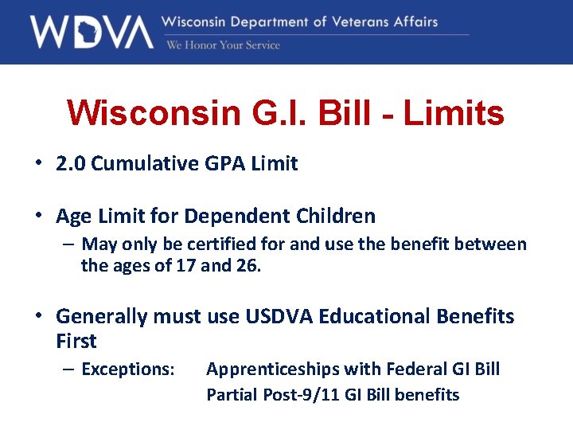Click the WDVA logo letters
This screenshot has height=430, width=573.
[x=91, y=32]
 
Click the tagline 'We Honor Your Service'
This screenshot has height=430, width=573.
[x=223, y=45]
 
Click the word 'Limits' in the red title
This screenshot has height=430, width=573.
[x=454, y=113]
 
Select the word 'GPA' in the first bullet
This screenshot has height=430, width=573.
[x=220, y=164]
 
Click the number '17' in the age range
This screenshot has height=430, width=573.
[x=185, y=265]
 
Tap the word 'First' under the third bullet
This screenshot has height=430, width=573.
[x=76, y=342]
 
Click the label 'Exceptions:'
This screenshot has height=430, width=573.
[x=128, y=369]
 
